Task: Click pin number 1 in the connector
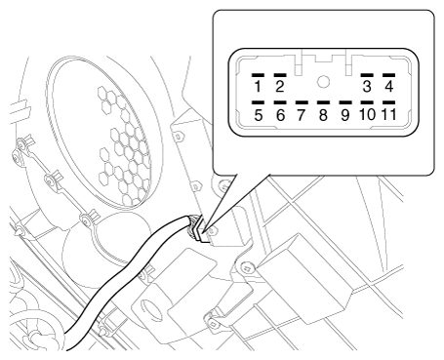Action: pyautogui.click(x=258, y=87)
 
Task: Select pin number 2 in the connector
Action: pyautogui.click(x=280, y=87)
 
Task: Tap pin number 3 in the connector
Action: pyautogui.click(x=367, y=87)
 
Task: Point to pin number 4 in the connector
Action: pyautogui.click(x=389, y=87)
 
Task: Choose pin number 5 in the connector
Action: pyautogui.click(x=259, y=115)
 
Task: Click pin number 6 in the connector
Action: pyautogui.click(x=280, y=115)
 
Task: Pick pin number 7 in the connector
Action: pyautogui.click(x=302, y=115)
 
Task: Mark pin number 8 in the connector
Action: pyautogui.click(x=323, y=115)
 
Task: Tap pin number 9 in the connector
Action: pyautogui.click(x=345, y=115)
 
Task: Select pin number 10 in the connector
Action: pyautogui.click(x=367, y=114)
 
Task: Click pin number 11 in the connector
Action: pyautogui.click(x=388, y=114)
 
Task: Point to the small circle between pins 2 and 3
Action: pyautogui.click(x=323, y=82)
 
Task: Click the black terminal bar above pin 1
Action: pyautogui.click(x=258, y=75)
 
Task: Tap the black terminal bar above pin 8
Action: pyautogui.click(x=323, y=102)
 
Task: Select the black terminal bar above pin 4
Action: pyautogui.click(x=388, y=75)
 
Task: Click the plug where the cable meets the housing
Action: pyautogui.click(x=198, y=228)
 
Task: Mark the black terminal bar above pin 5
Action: pyautogui.click(x=258, y=102)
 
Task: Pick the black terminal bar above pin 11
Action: pyautogui.click(x=388, y=102)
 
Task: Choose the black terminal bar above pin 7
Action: pyautogui.click(x=302, y=102)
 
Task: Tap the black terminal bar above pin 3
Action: pyautogui.click(x=367, y=75)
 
